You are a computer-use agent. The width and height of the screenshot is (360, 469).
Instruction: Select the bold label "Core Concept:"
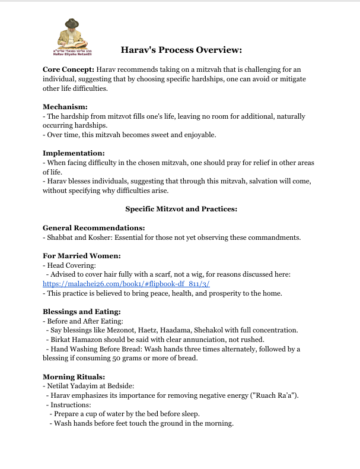tap(68, 69)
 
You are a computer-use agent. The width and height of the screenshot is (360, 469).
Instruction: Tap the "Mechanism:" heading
tap(65, 107)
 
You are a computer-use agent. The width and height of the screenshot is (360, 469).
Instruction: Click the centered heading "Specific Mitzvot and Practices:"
tap(180, 209)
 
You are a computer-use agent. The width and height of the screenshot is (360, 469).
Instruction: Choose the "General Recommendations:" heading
tap(94, 228)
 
